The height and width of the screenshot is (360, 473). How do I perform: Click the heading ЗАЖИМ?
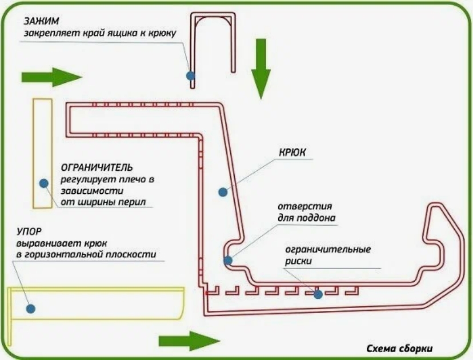coord(38,22)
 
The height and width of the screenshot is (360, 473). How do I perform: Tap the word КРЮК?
coord(293,153)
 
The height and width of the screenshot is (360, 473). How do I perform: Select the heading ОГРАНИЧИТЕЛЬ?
coord(97,168)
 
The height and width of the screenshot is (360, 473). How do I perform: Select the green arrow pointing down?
coord(261,69)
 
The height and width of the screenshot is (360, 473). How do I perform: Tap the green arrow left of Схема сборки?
coord(189,341)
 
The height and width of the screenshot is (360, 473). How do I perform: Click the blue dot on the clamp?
coord(190,75)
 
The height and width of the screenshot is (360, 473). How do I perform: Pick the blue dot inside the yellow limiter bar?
coord(43,182)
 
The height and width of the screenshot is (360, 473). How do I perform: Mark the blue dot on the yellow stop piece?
coord(31,308)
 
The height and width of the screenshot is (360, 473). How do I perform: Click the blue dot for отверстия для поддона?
coord(227,261)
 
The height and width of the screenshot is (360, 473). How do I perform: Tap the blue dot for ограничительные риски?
coord(317,294)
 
